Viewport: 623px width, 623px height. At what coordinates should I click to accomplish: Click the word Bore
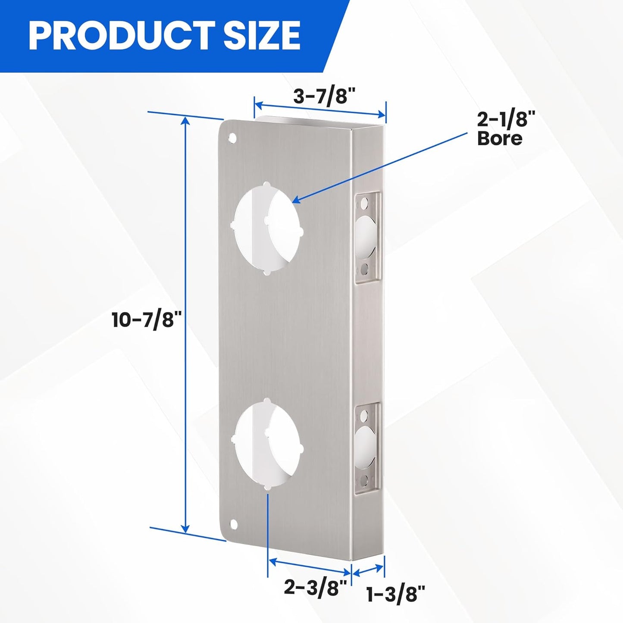click(x=500, y=138)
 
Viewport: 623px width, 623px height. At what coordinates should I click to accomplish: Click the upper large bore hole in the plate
click(x=268, y=228)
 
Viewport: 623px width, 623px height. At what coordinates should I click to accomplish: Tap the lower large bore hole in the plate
click(x=268, y=449)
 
